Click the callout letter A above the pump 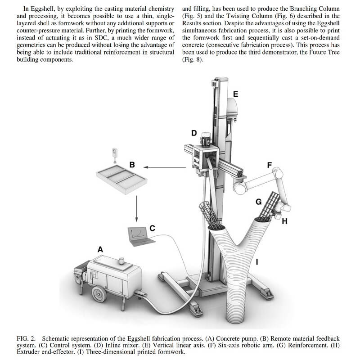point(100,249)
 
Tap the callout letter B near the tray point(132,165)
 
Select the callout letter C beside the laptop point(152,229)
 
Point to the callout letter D point(194,133)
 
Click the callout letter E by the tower point(235,94)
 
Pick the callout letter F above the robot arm point(270,165)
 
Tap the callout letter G point(258,202)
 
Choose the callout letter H point(284,221)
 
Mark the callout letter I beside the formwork point(257,261)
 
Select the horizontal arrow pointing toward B point(166,168)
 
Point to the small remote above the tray point(116,153)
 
